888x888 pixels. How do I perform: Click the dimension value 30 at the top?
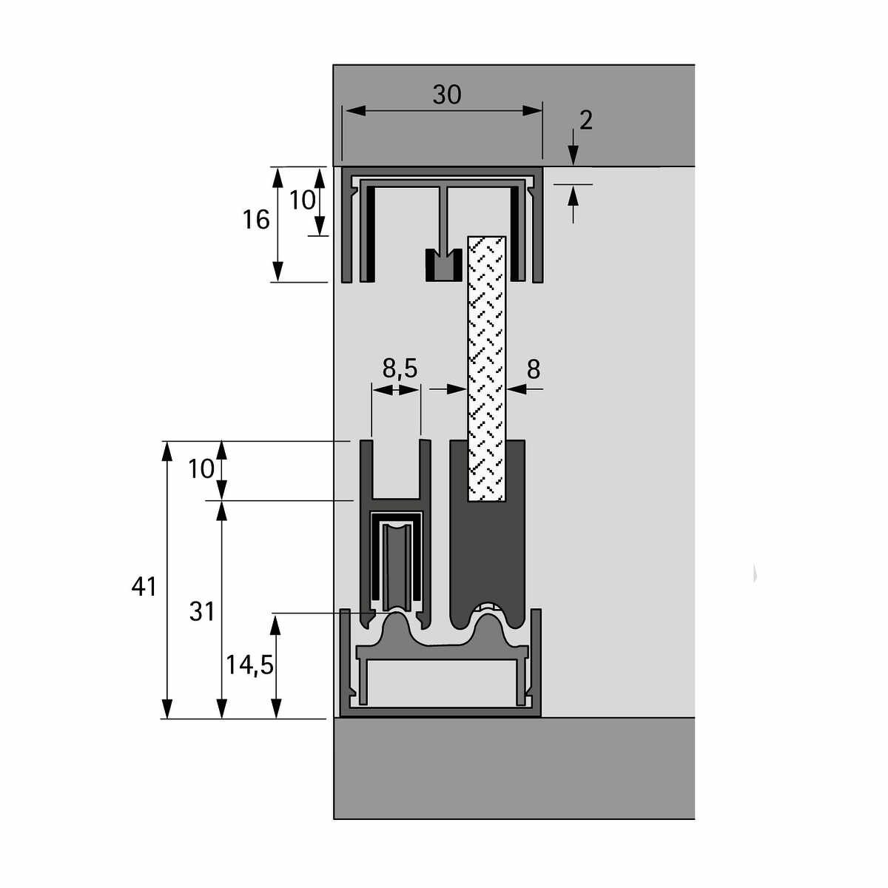point(446,95)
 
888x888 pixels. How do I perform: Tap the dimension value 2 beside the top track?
point(585,121)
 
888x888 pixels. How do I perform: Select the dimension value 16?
point(256,220)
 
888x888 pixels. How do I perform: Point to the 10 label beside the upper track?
point(303,200)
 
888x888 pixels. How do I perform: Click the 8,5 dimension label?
point(400,369)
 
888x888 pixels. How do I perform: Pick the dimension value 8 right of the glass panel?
point(533,369)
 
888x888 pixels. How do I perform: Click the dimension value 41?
point(144,587)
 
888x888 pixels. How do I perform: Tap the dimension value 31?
point(202,612)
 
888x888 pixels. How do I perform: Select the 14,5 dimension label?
point(249,665)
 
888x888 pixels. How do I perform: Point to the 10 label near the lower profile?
point(201,469)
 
